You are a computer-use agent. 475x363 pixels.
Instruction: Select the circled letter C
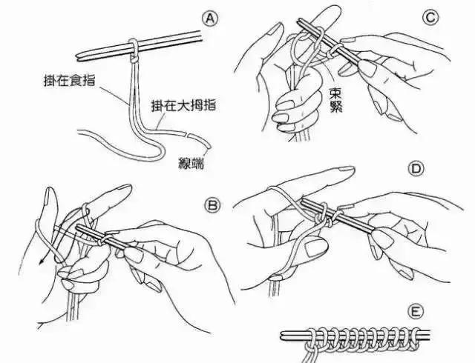430,16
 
